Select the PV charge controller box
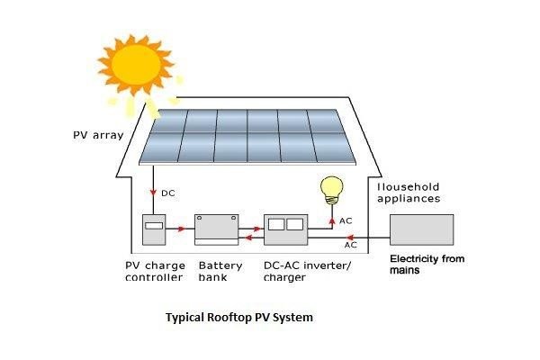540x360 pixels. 156,231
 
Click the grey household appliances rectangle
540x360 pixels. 421,231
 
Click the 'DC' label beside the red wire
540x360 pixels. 168,193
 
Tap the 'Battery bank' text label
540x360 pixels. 221,272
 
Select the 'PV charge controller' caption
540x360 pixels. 155,272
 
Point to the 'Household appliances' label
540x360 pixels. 407,193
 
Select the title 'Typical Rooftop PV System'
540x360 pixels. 238,318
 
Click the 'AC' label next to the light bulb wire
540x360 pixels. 346,221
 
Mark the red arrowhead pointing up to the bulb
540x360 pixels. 330,213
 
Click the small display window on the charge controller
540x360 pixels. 155,224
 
